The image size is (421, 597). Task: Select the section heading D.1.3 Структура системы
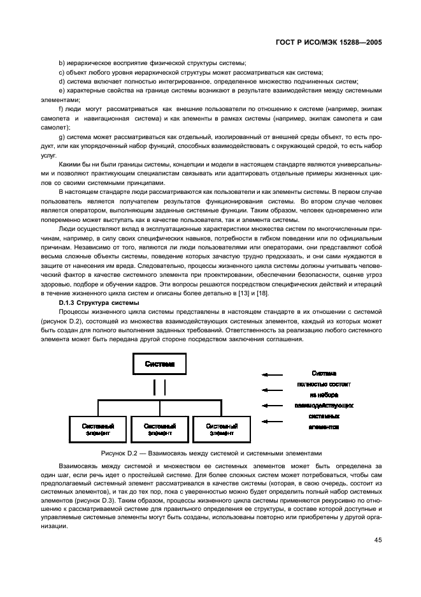(96, 302)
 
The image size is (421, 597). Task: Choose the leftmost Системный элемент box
(98, 429)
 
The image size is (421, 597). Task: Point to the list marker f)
(61, 110)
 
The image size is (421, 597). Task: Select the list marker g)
(62, 137)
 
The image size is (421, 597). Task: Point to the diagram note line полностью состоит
(324, 384)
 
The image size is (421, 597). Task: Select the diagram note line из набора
(324, 395)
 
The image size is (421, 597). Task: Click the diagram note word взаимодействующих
(324, 406)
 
